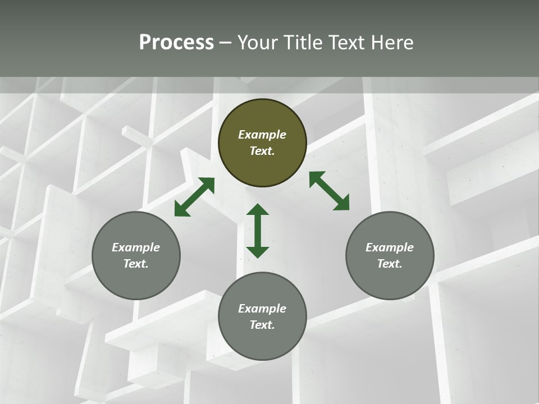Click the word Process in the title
176,43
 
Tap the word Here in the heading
392,43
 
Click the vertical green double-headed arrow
258,231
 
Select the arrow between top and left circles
194,197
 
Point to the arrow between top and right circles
329,191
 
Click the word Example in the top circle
262,135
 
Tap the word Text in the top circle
262,151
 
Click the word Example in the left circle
136,247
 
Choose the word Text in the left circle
136,264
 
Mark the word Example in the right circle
390,247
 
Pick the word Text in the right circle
390,264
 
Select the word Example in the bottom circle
262,309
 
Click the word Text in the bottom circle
262,325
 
